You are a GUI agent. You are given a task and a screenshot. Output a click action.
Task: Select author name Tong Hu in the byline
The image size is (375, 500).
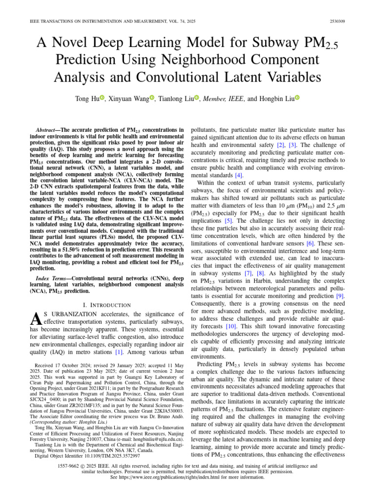[86, 99]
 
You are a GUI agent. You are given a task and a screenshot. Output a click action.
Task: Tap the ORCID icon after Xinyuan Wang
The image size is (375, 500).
[152, 99]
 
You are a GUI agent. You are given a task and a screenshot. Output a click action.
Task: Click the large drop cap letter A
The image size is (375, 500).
[36, 320]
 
